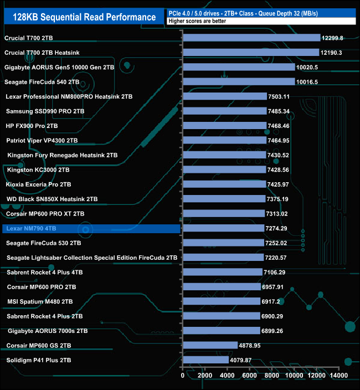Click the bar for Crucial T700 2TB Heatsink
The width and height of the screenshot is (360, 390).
[x=250, y=52]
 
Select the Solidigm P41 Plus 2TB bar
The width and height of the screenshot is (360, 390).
[x=205, y=360]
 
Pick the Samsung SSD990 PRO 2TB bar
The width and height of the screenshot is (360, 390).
[x=224, y=111]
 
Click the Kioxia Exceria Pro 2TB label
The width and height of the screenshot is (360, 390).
[x=38, y=184]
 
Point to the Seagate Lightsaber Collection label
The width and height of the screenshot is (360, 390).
[x=92, y=258]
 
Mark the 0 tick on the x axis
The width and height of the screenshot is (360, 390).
[x=183, y=376]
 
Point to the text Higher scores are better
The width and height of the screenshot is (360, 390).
[x=196, y=20]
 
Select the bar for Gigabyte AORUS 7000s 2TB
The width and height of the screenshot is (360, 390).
[x=221, y=331]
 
